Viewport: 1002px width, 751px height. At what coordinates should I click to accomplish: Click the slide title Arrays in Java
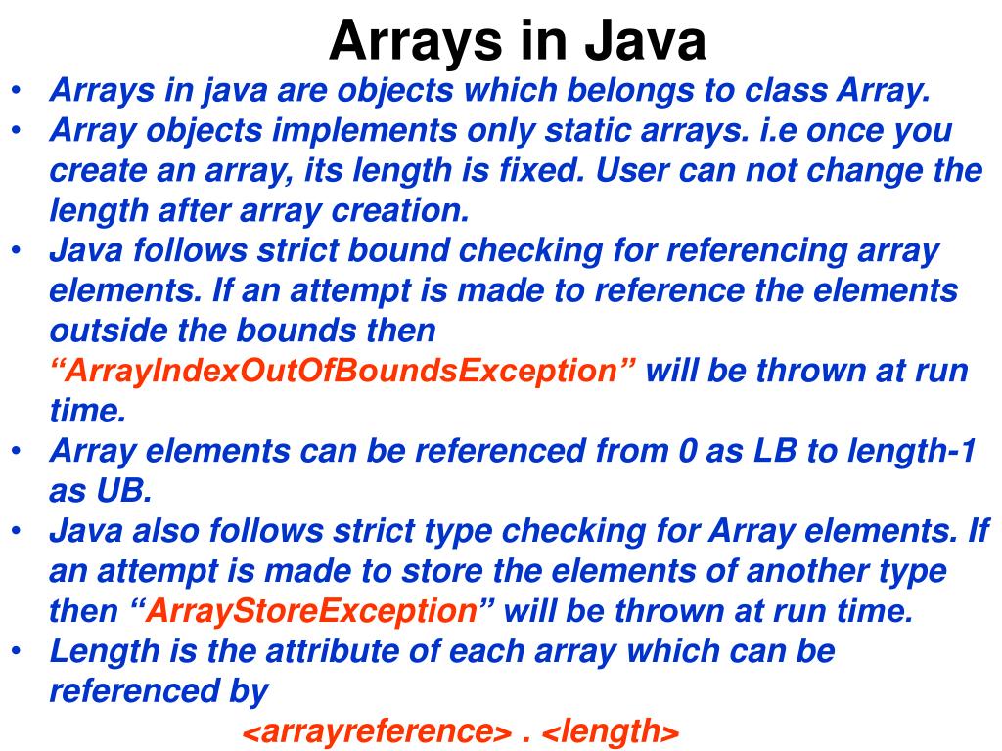click(x=517, y=41)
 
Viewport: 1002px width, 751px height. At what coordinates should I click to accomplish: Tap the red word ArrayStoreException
click(x=311, y=611)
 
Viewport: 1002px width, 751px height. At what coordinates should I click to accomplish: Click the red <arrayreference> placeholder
click(x=377, y=730)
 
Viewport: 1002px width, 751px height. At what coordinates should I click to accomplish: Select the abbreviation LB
click(x=772, y=452)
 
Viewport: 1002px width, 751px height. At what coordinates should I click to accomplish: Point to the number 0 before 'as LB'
click(x=687, y=452)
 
